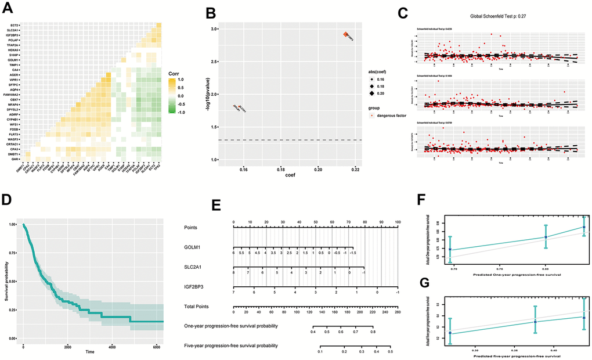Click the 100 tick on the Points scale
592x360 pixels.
[398, 222]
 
